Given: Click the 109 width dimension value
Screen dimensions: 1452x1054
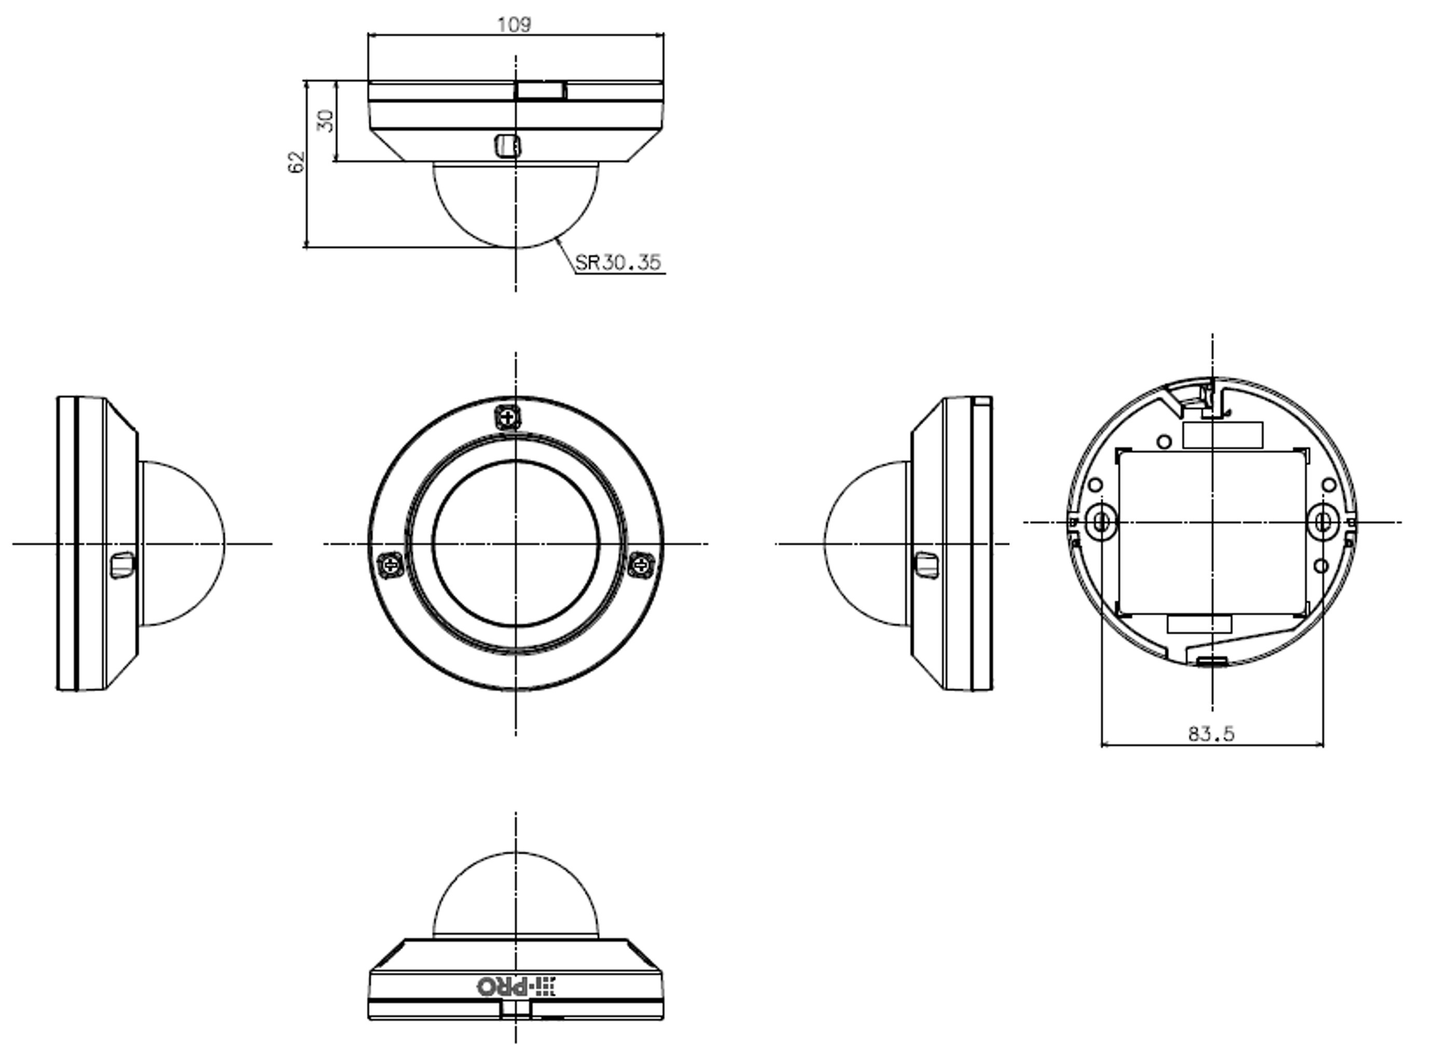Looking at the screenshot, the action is click(514, 24).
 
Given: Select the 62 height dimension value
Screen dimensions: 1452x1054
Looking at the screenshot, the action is click(296, 162).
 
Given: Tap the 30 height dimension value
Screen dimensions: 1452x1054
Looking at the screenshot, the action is click(326, 121).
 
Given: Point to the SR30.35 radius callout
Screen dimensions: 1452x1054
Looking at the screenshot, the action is click(618, 262).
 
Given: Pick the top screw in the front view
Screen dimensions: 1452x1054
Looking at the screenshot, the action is click(508, 418).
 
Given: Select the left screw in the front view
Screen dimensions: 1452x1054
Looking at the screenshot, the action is click(390, 565).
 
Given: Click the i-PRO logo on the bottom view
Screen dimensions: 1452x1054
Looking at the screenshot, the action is click(516, 986).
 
